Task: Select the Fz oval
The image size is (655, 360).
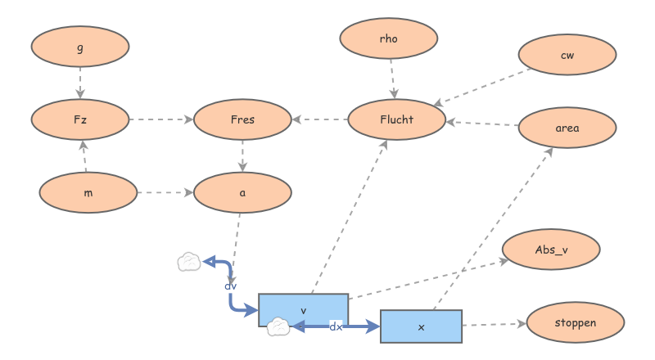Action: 80,119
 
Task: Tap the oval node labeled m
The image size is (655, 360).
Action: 88,192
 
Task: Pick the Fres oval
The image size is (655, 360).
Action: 243,119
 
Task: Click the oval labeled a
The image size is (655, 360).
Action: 243,192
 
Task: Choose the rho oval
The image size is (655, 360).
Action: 389,38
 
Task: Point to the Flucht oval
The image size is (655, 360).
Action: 397,119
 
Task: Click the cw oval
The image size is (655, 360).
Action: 567,55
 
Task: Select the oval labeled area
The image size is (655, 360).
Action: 567,128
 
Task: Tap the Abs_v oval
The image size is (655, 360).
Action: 551,250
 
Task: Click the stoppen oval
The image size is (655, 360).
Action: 575,322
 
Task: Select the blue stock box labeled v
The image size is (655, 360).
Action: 304,310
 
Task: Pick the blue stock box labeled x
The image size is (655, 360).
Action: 422,326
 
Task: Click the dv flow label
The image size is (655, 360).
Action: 231,286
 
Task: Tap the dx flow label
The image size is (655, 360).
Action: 336,326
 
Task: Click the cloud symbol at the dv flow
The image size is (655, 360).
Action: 189,262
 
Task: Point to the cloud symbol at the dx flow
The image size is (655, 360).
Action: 278,327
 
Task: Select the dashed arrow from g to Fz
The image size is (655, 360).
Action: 80,83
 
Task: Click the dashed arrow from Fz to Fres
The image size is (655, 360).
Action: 161,119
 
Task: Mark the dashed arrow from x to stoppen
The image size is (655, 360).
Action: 494,325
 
